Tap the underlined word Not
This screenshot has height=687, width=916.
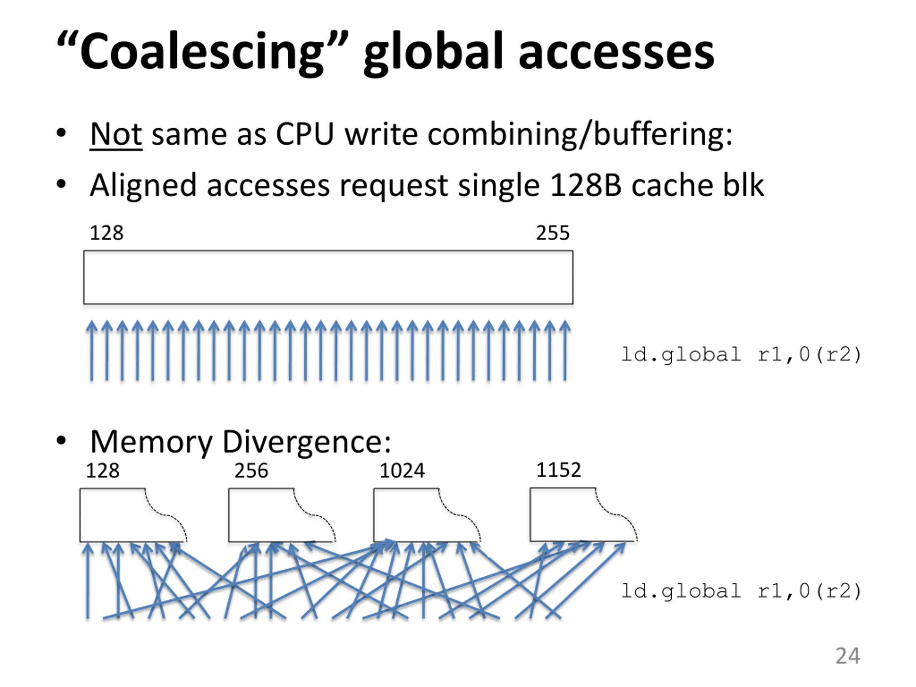pyautogui.click(x=116, y=134)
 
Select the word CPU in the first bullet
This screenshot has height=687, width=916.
pyautogui.click(x=304, y=134)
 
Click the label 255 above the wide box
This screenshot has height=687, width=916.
pyautogui.click(x=552, y=233)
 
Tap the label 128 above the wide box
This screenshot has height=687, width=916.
pyautogui.click(x=106, y=233)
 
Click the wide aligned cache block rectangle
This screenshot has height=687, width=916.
pyautogui.click(x=328, y=277)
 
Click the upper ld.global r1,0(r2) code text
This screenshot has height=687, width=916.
pyautogui.click(x=741, y=355)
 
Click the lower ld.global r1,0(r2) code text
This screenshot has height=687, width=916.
pyautogui.click(x=741, y=591)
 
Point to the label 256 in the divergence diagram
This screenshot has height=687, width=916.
pyautogui.click(x=251, y=471)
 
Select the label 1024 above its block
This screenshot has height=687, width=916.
pyautogui.click(x=402, y=471)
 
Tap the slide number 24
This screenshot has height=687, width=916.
pyautogui.click(x=847, y=656)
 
